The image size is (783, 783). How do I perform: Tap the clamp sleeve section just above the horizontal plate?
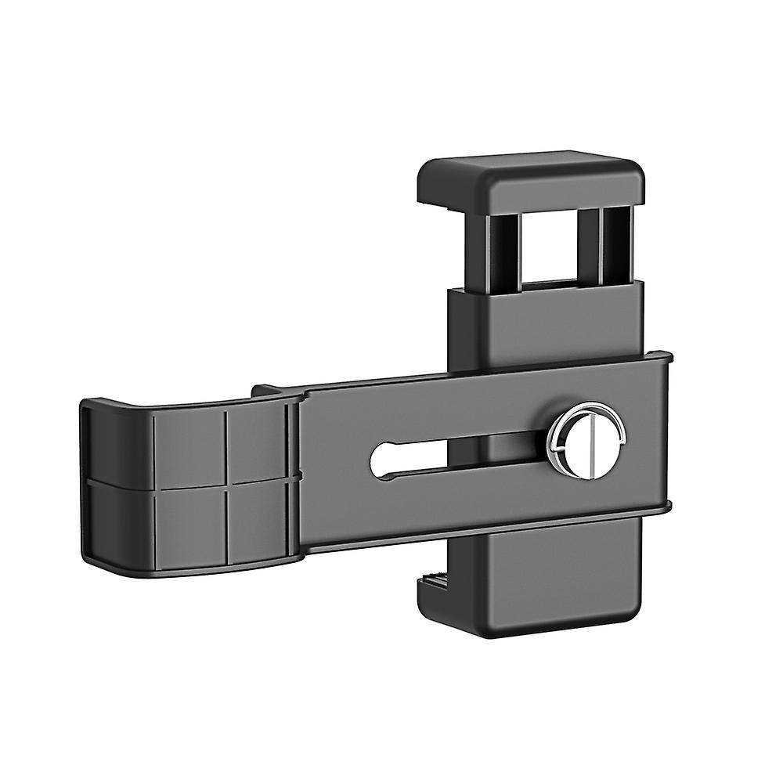(x=548, y=325)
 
